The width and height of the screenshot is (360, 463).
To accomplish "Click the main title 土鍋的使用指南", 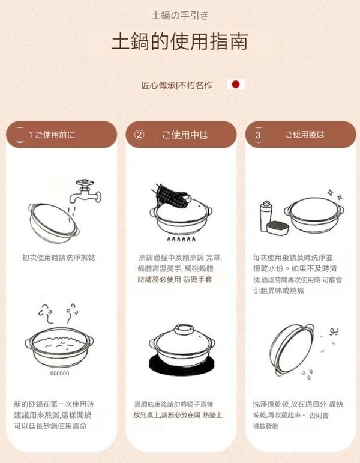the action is pyautogui.click(x=179, y=42).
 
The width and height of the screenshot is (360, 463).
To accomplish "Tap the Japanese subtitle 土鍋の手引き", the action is pyautogui.click(x=180, y=16).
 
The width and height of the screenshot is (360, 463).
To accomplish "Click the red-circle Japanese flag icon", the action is pyautogui.click(x=236, y=85).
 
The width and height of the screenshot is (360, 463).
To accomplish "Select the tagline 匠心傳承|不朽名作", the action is pyautogui.click(x=177, y=85).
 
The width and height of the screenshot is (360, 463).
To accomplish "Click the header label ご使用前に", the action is pyautogui.click(x=55, y=135).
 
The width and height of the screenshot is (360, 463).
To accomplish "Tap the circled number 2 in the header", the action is pyautogui.click(x=139, y=135).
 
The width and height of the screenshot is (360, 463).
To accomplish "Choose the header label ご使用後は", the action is pyautogui.click(x=304, y=135).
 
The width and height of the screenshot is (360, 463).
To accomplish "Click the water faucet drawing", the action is pyautogui.click(x=86, y=192).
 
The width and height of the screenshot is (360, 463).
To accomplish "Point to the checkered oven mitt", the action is pyautogui.click(x=171, y=196).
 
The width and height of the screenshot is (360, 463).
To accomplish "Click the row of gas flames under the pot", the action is pyautogui.click(x=181, y=239).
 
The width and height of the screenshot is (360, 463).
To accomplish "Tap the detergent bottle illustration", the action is pyautogui.click(x=266, y=216).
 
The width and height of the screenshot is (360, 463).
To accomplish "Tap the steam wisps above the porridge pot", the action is pyautogui.click(x=58, y=313).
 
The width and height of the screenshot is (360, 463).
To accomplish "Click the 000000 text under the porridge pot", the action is pyautogui.click(x=59, y=374).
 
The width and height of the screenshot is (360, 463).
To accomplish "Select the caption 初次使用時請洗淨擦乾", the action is pyautogui.click(x=59, y=258).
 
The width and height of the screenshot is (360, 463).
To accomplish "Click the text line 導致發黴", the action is pyautogui.click(x=266, y=426).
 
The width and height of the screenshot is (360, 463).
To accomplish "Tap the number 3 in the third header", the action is pyautogui.click(x=258, y=135).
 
